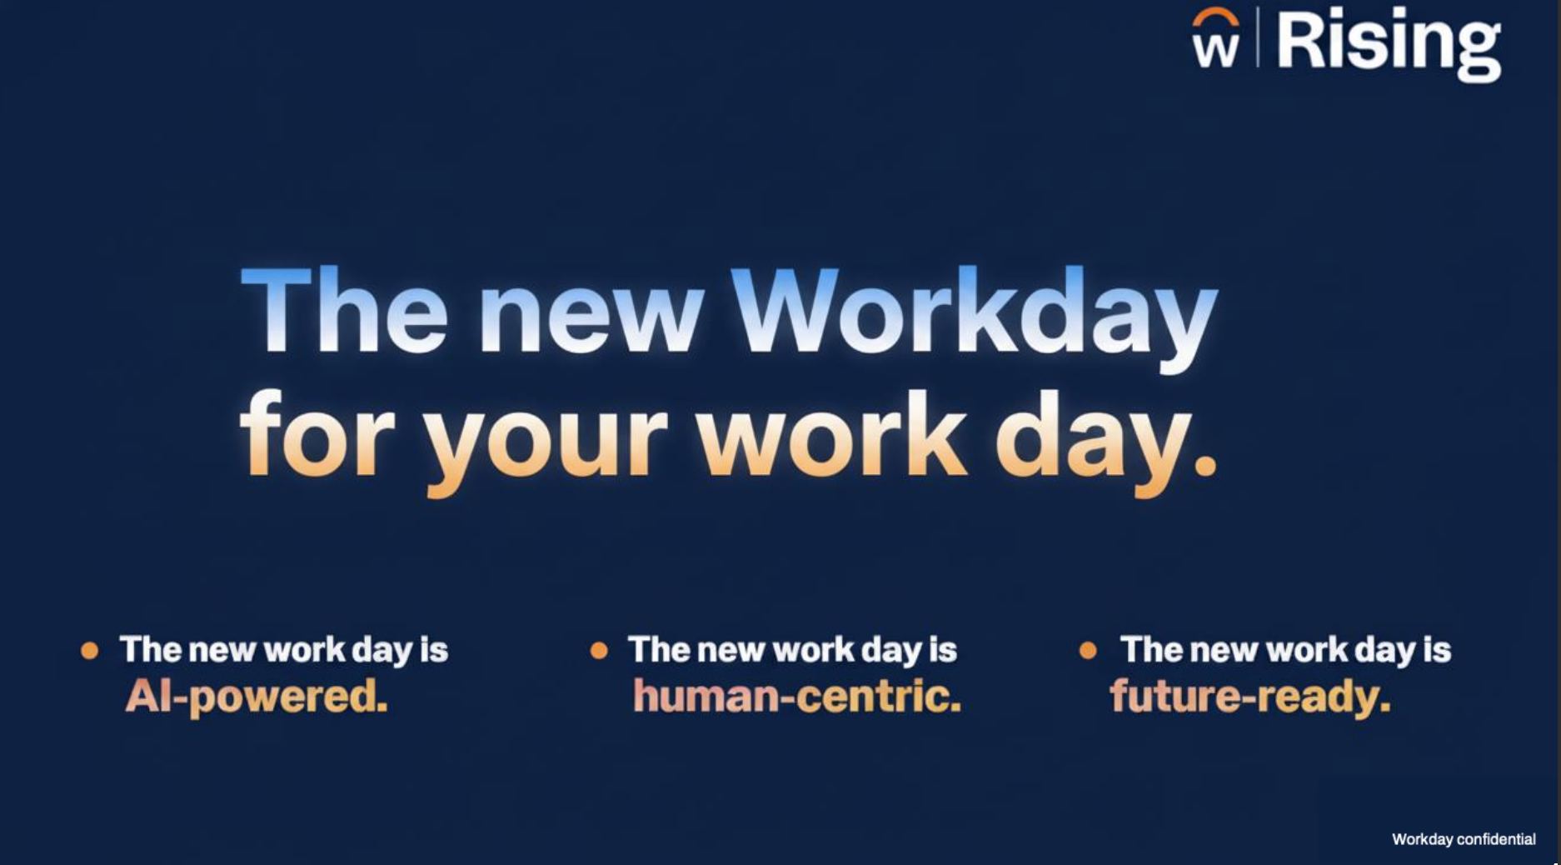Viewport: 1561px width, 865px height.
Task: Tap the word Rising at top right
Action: coord(1389,43)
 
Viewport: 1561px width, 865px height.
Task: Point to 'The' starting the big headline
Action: coord(344,309)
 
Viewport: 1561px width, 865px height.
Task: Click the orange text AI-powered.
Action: coord(257,696)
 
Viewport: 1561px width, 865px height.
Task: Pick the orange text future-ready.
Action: coord(1250,696)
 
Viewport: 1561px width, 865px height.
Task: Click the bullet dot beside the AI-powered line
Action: coord(90,651)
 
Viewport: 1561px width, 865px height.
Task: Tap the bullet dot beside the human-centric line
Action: coord(598,651)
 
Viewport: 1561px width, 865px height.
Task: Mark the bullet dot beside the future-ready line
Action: coord(1087,650)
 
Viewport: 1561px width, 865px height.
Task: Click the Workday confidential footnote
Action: coord(1464,839)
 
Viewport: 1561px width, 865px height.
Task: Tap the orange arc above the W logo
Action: coord(1214,19)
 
